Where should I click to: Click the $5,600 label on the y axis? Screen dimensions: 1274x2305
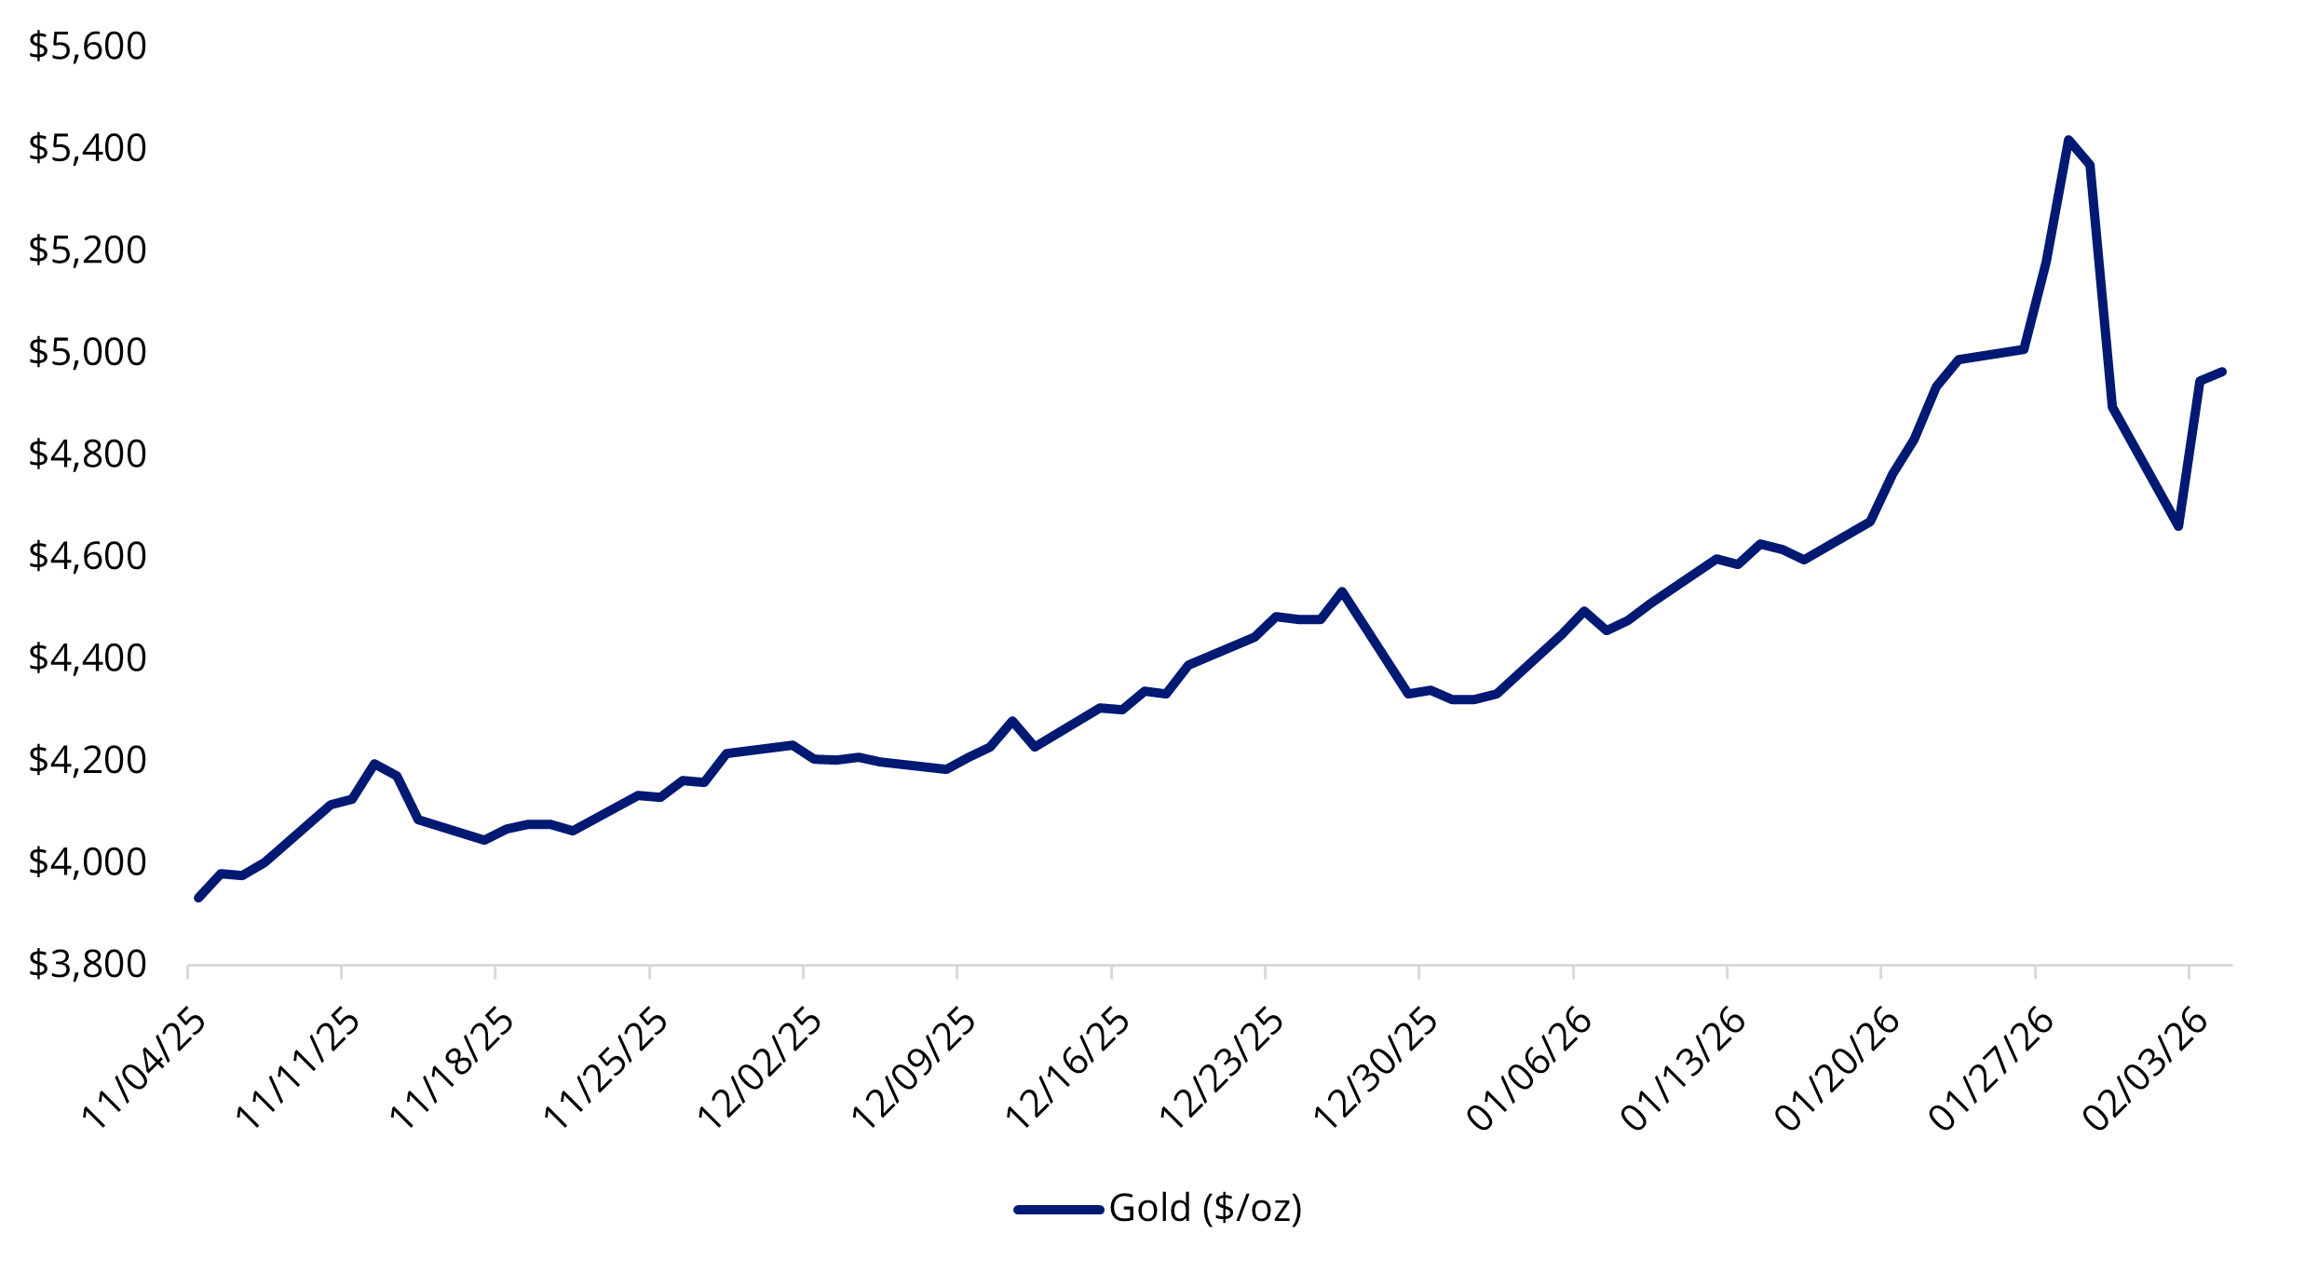click(88, 47)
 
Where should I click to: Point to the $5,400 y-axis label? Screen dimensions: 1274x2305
click(88, 148)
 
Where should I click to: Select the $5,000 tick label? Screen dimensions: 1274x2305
click(88, 352)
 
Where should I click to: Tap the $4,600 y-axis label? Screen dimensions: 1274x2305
click(88, 556)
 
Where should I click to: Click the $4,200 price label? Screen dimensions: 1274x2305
click(88, 760)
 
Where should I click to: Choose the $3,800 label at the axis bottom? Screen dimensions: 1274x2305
click(88, 964)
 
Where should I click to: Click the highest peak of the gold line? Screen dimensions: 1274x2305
click(2068, 141)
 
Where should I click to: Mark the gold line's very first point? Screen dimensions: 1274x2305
click(197, 898)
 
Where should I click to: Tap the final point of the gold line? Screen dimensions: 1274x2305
click(2222, 372)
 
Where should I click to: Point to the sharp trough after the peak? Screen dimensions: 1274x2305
click(2178, 527)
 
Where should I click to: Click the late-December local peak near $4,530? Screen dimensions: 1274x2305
click(1342, 591)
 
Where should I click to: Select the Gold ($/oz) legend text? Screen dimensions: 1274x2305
click(1205, 1209)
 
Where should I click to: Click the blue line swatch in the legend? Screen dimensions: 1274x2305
click(1059, 1210)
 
